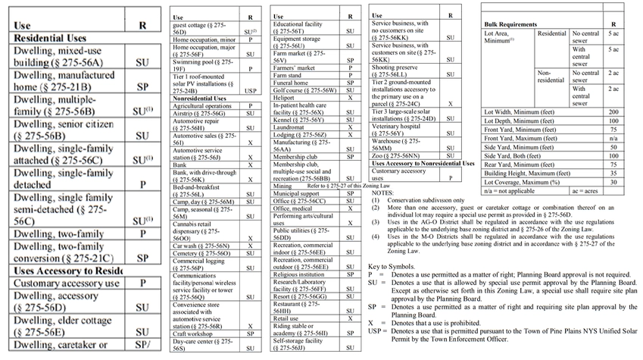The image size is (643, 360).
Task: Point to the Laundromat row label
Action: [x=290, y=127]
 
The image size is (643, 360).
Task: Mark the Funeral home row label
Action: [x=292, y=83]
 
